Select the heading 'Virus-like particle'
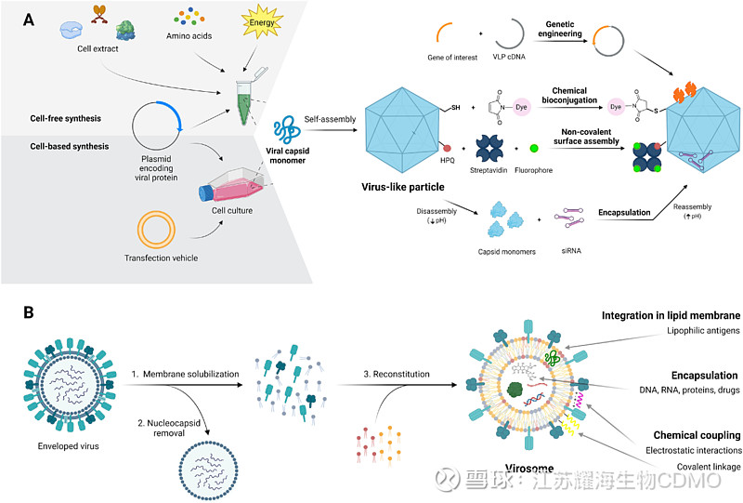pos(401,186)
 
